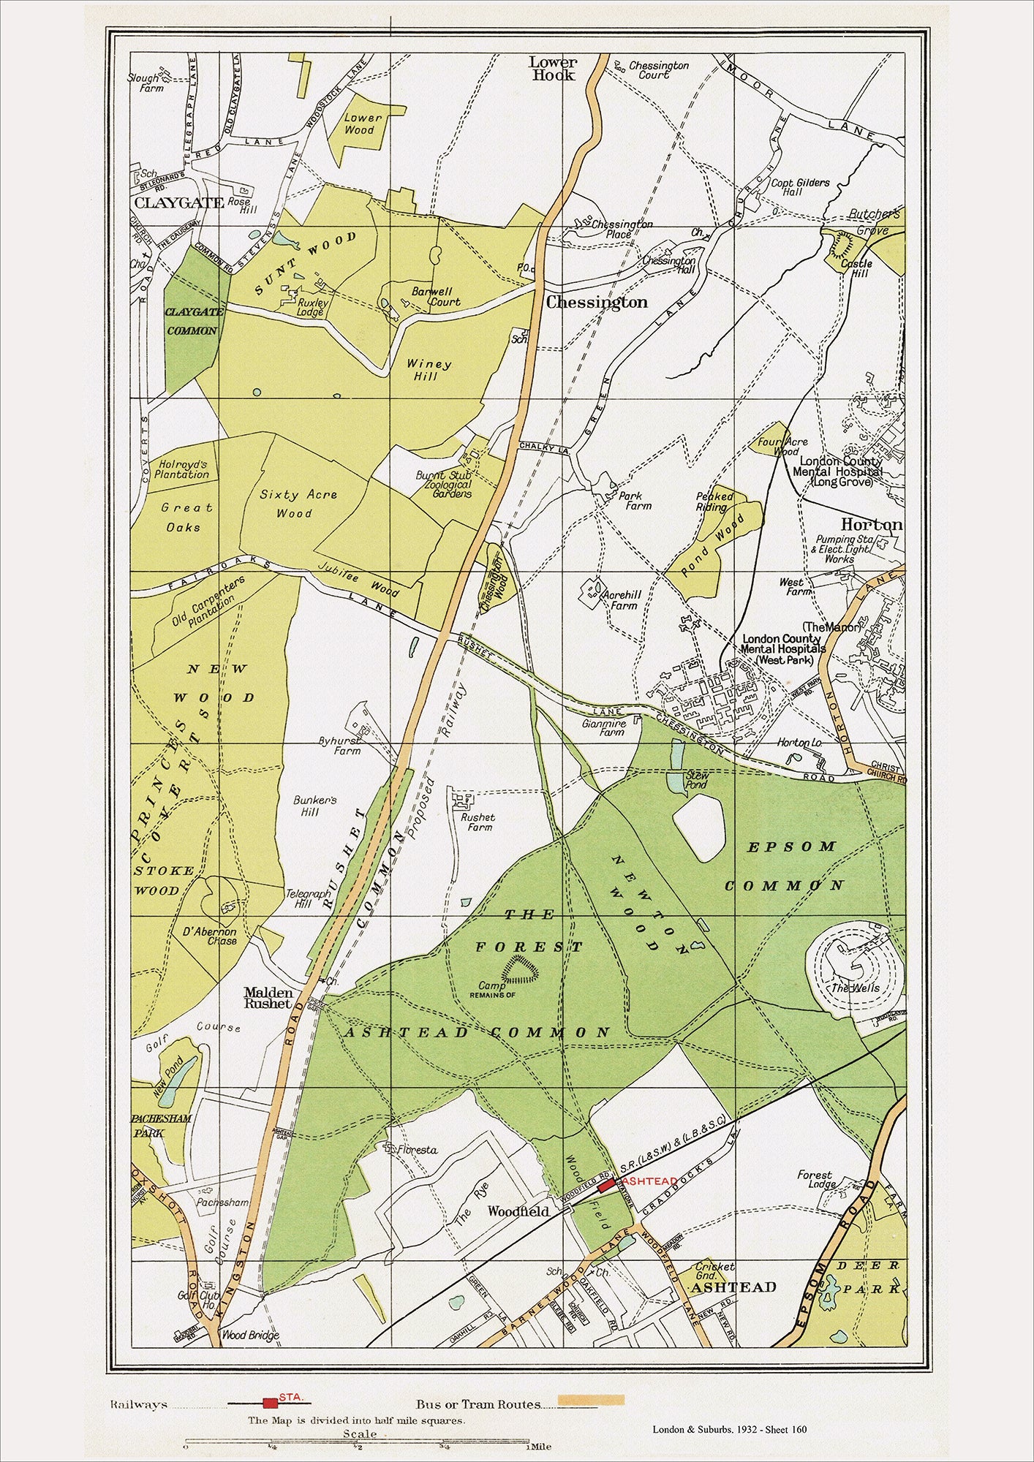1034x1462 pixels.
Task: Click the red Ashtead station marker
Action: pyautogui.click(x=606, y=1185)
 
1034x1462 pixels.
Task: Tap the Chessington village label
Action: pyautogui.click(x=597, y=302)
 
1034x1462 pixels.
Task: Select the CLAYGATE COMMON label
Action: pyautogui.click(x=192, y=321)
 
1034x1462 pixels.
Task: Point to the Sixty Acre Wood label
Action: pyautogui.click(x=298, y=504)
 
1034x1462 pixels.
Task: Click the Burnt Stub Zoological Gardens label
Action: pyautogui.click(x=444, y=484)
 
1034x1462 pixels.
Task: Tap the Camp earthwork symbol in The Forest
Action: pyautogui.click(x=521, y=970)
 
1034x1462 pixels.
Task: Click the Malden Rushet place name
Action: pyautogui.click(x=268, y=998)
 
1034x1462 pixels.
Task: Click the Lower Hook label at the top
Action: pyautogui.click(x=554, y=69)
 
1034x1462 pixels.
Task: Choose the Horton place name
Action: pyautogui.click(x=871, y=525)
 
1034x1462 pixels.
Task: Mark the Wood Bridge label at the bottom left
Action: pyautogui.click(x=251, y=1336)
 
